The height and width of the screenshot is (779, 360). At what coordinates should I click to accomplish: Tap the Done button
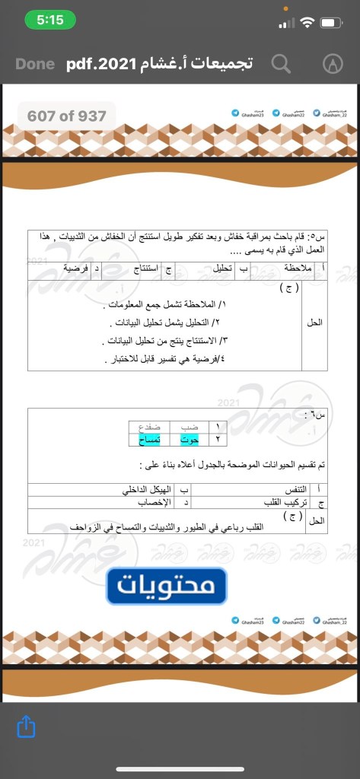[35, 64]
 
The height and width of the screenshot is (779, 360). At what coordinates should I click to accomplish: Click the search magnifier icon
[281, 64]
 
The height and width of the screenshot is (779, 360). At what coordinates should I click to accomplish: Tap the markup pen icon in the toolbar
[332, 64]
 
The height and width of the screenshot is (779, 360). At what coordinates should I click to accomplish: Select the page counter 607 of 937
[67, 116]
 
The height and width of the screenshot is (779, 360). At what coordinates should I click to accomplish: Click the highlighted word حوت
[189, 439]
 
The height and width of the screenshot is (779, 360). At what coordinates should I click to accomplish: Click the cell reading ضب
[189, 428]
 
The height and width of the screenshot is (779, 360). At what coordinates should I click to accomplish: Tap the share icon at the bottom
[26, 727]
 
